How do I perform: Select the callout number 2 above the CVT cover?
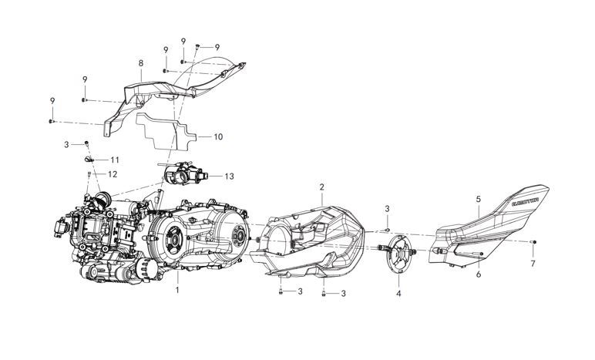click(x=322, y=187)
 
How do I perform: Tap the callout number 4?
click(x=398, y=294)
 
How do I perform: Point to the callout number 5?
click(x=478, y=199)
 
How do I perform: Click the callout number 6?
click(x=478, y=274)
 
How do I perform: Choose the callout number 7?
click(x=533, y=264)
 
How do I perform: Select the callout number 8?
click(x=140, y=62)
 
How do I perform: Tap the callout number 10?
click(x=218, y=137)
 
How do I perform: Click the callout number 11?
click(x=126, y=160)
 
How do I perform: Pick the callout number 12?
click(x=113, y=174)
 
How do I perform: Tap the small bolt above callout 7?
click(x=533, y=242)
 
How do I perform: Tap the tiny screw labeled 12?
click(x=89, y=176)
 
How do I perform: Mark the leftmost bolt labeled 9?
click(x=51, y=121)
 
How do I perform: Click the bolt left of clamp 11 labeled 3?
click(x=87, y=144)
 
